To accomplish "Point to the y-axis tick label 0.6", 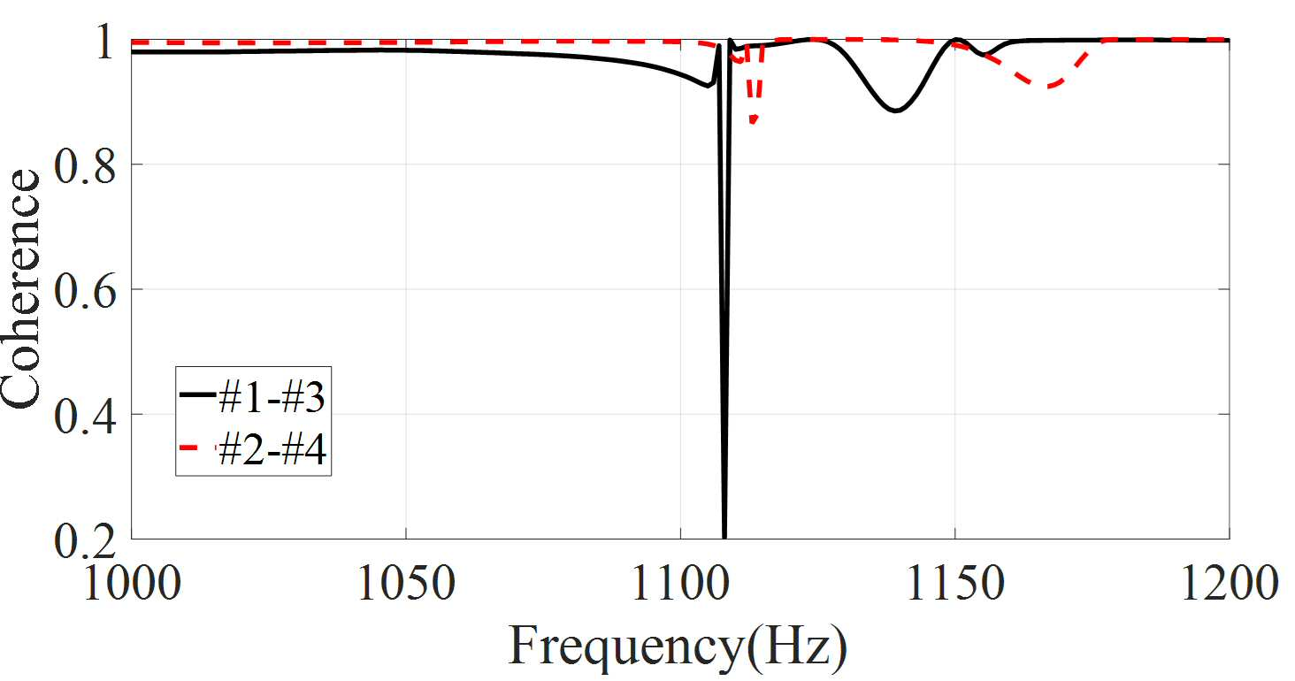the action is (84, 291).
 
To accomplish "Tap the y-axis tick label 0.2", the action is (84, 540).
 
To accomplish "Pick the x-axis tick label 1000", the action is (133, 583).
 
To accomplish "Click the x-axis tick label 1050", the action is (406, 583).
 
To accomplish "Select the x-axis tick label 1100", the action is (680, 583).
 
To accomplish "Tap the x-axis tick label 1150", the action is (955, 583).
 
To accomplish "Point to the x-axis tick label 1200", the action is (1229, 583).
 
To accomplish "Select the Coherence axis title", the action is (21, 289).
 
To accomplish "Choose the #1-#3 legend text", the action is (272, 398).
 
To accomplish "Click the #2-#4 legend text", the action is (272, 449).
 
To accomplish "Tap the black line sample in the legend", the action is (198, 394).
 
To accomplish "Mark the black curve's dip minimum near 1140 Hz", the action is (895, 110).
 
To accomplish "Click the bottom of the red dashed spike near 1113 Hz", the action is (754, 121).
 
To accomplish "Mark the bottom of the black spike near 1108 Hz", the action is (724, 538).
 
